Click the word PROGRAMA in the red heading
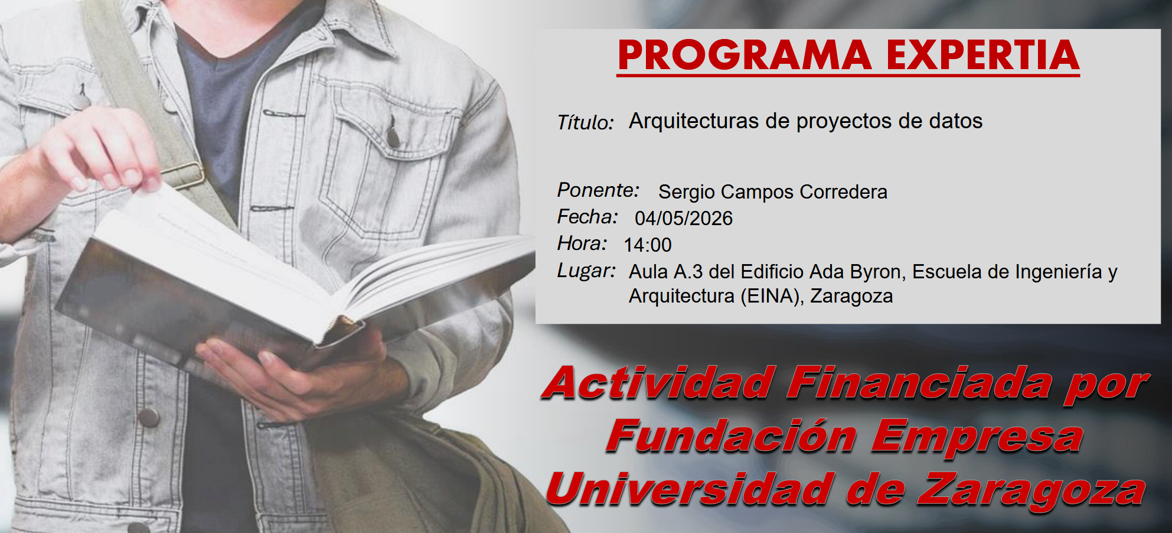coord(745,55)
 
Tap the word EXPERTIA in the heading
coord(983,55)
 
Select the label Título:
coord(585,122)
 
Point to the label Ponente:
coord(598,190)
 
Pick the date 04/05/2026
coord(684,218)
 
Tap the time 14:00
coord(648,245)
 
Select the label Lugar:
coord(586,271)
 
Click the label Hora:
coord(582,243)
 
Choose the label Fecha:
coord(587,217)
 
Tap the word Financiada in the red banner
coord(920,383)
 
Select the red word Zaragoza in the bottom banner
coord(1031,491)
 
